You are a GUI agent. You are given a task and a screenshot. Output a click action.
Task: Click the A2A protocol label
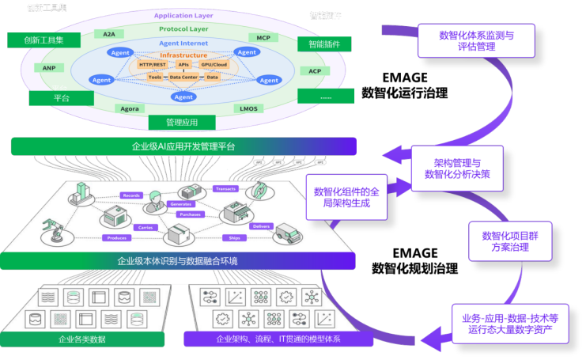(x=108, y=34)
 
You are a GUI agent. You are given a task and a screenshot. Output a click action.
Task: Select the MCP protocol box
(x=263, y=37)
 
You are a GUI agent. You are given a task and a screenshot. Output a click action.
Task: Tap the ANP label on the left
(x=49, y=68)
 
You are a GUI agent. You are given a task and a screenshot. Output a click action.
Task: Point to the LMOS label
(x=247, y=108)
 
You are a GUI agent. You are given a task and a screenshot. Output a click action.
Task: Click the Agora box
(x=130, y=108)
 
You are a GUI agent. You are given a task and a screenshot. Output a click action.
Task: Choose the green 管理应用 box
(x=182, y=123)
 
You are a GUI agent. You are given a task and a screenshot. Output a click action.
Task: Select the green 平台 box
(x=62, y=99)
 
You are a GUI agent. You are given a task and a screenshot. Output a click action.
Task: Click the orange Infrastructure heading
(x=183, y=55)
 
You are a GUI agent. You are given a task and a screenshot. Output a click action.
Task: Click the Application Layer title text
(x=183, y=16)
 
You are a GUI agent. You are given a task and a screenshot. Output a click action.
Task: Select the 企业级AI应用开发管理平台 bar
(x=183, y=146)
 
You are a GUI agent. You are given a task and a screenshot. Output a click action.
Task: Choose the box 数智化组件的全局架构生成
(x=346, y=197)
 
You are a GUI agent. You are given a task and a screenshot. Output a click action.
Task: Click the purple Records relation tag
(x=130, y=195)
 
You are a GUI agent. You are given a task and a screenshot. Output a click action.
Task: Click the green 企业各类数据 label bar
(x=82, y=339)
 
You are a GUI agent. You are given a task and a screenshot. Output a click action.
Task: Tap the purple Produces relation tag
(x=118, y=237)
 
